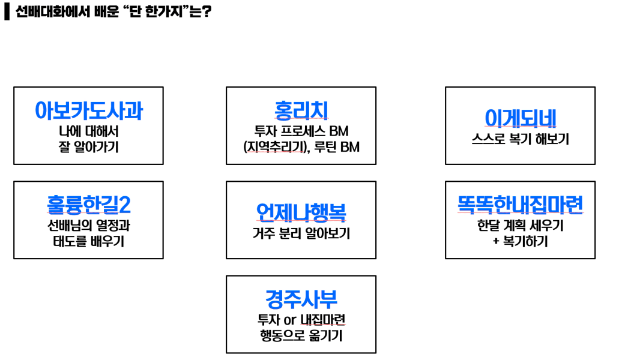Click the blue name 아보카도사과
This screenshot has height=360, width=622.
(88, 110)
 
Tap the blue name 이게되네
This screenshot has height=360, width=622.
(520, 118)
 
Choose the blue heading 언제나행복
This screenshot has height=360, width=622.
(301, 212)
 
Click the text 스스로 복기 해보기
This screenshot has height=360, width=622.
(520, 139)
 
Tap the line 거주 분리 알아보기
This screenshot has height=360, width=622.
(301, 233)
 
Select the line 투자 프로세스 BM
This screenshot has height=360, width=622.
(301, 131)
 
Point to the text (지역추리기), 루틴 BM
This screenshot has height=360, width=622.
(301, 146)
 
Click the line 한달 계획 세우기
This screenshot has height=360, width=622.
(520, 227)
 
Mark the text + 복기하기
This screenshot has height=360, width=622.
(520, 242)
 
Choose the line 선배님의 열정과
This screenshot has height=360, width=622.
(88, 226)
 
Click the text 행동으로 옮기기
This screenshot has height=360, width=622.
(301, 336)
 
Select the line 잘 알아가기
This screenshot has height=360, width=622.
(88, 146)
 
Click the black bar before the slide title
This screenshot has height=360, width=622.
(7, 11)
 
